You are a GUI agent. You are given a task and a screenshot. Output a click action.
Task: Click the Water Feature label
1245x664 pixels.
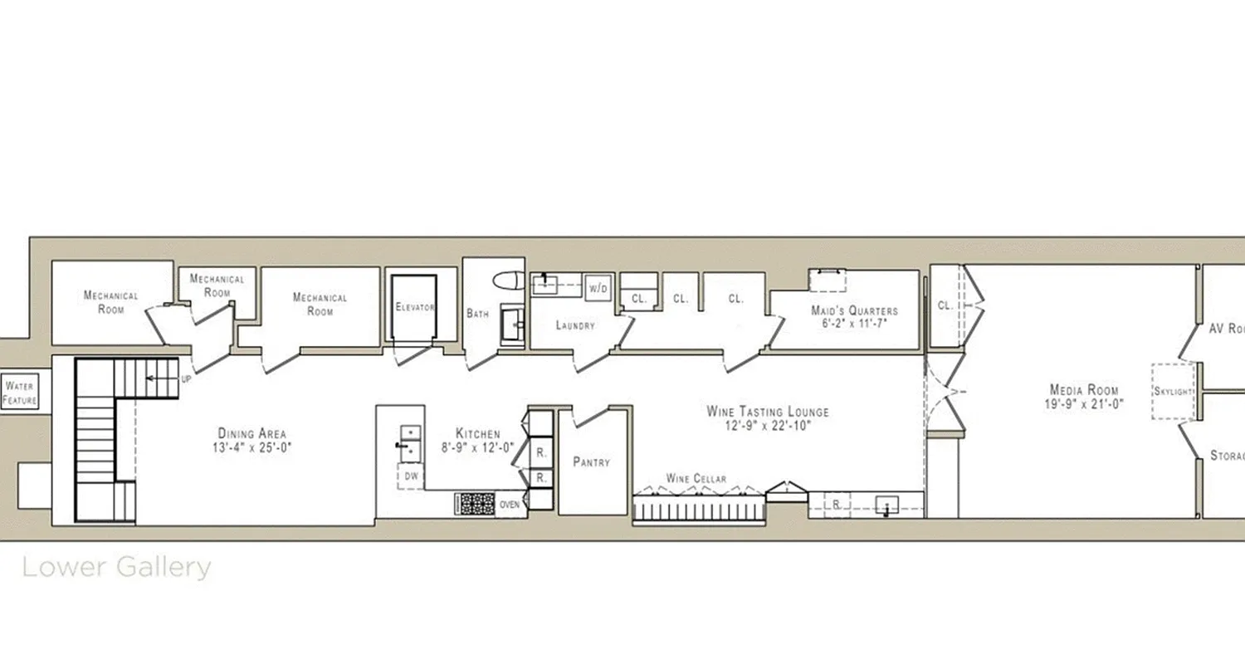(20, 393)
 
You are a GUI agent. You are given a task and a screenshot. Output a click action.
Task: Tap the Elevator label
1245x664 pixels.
(414, 307)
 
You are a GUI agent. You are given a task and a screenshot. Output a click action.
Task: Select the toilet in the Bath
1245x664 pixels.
(505, 281)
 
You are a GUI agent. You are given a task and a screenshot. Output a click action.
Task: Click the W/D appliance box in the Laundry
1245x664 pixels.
(597, 288)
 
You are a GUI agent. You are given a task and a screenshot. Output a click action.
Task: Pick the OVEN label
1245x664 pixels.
(509, 504)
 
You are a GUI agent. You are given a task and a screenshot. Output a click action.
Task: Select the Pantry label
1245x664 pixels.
(591, 462)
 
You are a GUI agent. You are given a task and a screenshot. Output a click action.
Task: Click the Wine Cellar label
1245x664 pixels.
(696, 479)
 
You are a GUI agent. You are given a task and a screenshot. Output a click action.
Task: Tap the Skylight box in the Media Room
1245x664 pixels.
(1173, 391)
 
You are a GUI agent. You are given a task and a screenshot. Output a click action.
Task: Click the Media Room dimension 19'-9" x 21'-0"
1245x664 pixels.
(1083, 404)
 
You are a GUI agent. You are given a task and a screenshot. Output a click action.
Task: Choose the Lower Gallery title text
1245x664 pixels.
(116, 568)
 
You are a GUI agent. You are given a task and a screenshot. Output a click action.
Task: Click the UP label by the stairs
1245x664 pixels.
(186, 378)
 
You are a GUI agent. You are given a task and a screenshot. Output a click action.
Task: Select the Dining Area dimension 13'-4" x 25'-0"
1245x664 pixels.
(251, 447)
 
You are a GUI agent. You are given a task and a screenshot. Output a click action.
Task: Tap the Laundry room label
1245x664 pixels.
(574, 325)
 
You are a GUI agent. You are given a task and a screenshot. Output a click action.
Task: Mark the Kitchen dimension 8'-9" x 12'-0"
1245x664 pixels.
(477, 447)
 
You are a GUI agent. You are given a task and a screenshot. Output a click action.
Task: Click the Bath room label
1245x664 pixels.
(477, 314)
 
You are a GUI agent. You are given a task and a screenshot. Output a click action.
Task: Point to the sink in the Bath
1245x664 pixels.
(511, 325)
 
